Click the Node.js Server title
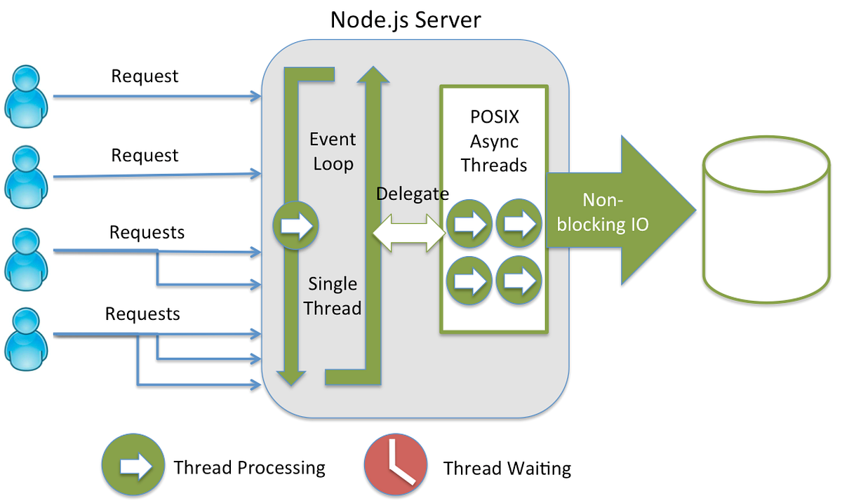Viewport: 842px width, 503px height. coord(406,19)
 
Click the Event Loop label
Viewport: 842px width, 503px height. coord(333,152)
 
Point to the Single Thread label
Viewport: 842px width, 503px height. coord(334,295)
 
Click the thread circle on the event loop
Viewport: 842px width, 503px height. coord(296,226)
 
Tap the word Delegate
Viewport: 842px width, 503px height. coord(412,194)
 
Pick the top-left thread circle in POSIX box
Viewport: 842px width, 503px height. coord(469,224)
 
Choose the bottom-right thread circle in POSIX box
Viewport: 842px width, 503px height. coord(519,281)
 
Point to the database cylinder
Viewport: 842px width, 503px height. coord(761,221)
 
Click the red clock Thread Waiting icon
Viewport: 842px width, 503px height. coord(396,466)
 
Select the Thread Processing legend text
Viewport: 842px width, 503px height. coord(249,468)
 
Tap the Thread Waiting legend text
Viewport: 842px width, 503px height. coord(507,468)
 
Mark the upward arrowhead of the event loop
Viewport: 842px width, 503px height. coord(373,73)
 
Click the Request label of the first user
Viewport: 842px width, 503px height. coord(145,76)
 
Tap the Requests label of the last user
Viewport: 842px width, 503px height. coord(142,314)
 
